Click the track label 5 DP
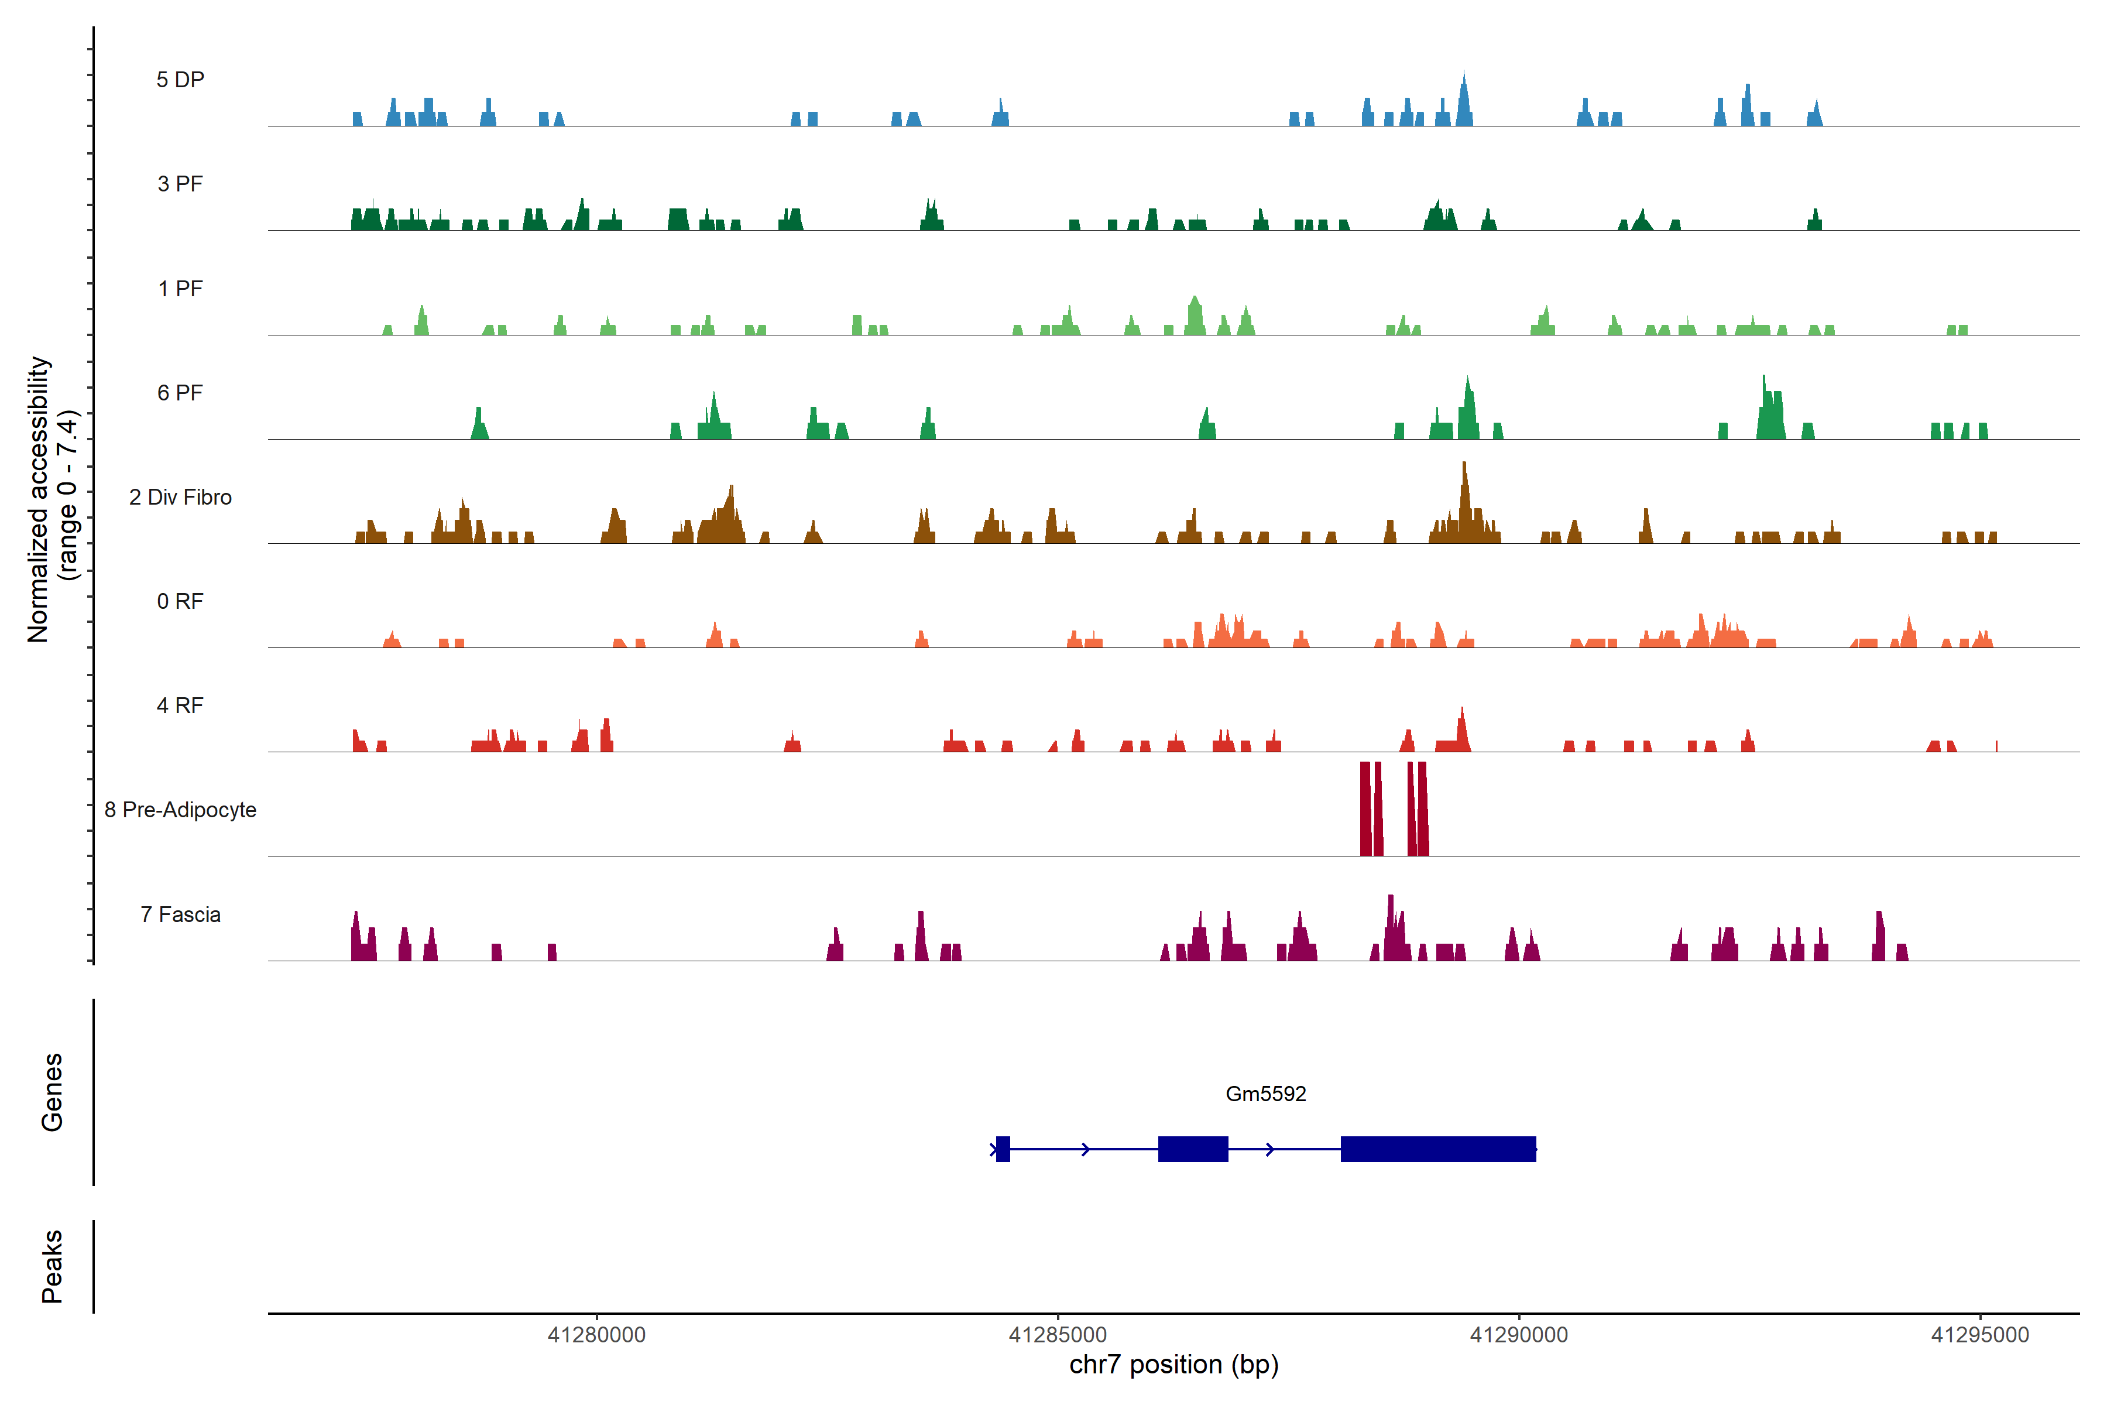coord(180,80)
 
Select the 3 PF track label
coord(180,184)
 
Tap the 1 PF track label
coord(180,289)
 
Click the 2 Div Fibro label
coord(180,497)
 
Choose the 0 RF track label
coord(180,601)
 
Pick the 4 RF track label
coord(180,705)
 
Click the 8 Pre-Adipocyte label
coord(180,810)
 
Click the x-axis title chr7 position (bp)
coord(1173,1365)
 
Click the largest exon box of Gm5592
coord(1438,1149)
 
